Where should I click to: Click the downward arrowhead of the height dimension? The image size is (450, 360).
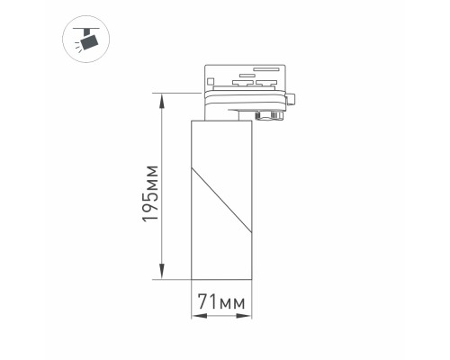coord(163,274)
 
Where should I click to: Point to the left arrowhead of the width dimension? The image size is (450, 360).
coord(194,316)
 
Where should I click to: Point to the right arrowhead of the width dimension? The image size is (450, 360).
coord(248,316)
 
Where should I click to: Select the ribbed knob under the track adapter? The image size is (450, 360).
coord(267,114)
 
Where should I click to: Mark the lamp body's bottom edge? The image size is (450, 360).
coord(221,278)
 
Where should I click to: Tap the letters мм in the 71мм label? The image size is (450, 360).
coord(232,301)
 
